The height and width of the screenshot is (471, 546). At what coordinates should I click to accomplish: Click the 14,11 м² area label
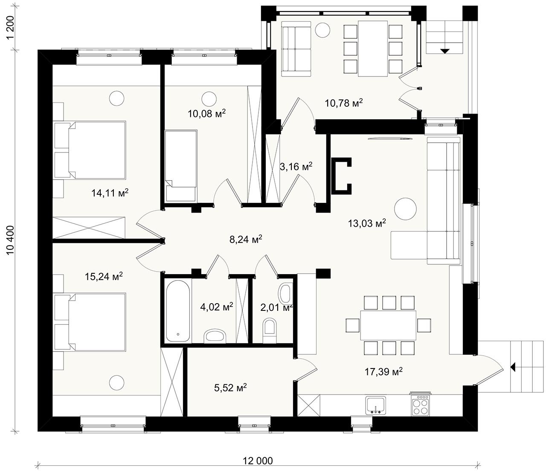coord(110,193)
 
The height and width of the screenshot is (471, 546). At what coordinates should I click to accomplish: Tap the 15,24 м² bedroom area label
coord(104,276)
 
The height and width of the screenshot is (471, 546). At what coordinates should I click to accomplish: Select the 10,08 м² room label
coord(207,114)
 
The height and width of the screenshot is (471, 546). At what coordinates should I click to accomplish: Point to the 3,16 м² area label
coord(296,167)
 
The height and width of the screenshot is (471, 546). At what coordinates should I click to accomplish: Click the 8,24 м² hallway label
coord(246,239)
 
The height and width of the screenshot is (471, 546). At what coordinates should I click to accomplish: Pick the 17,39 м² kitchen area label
coord(383,372)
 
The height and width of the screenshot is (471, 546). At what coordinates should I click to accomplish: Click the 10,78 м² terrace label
coord(344,103)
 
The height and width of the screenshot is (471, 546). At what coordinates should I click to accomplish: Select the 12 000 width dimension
coord(258,461)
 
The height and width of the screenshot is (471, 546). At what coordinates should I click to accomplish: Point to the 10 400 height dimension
coord(11,240)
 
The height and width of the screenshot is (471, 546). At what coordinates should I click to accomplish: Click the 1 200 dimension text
coord(11,27)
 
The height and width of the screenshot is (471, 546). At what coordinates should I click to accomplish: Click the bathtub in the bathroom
coord(178,311)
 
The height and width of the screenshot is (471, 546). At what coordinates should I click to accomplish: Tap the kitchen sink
coord(376,405)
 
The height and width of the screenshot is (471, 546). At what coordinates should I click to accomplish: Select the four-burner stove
coord(420,404)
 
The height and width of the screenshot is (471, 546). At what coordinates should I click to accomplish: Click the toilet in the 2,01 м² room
coord(270,331)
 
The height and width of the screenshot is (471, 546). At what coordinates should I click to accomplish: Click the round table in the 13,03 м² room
coord(406,209)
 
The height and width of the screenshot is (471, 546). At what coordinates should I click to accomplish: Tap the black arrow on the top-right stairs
coord(445,51)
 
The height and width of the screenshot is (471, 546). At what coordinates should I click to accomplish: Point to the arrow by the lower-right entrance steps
coord(513,367)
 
